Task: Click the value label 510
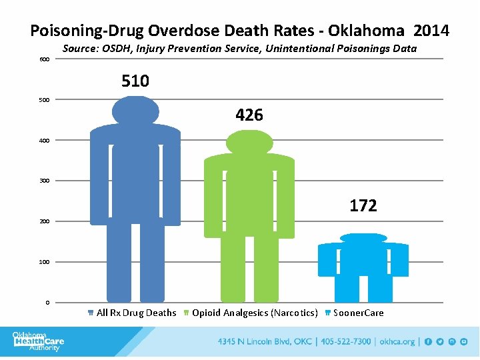point(135,81)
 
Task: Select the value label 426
point(249,115)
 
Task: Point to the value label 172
point(363,206)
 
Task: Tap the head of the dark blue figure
point(135,110)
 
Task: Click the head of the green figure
point(249,141)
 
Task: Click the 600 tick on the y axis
point(43,59)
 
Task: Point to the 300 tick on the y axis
point(43,181)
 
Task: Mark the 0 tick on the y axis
point(47,303)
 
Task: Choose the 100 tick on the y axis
point(43,262)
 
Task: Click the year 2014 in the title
point(431,31)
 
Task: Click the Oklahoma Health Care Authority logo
point(39,341)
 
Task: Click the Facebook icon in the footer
point(429,342)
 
